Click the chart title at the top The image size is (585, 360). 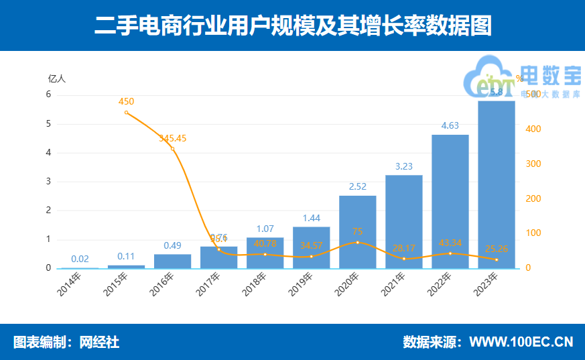pos(293,25)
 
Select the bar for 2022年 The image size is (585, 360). pos(450,201)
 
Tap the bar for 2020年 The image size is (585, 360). pos(357,232)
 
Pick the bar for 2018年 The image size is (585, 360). pos(265,253)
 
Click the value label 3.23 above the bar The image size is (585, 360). pos(403,166)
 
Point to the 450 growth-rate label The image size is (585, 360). pos(126,102)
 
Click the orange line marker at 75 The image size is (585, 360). pos(357,243)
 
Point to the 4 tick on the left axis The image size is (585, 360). pos(48,153)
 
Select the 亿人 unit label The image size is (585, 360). pos(57,78)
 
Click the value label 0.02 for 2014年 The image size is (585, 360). pos(80,259)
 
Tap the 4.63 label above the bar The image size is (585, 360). pos(450,125)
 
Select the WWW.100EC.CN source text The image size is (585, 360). pos(521,342)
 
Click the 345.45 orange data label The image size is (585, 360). pos(172,139)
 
